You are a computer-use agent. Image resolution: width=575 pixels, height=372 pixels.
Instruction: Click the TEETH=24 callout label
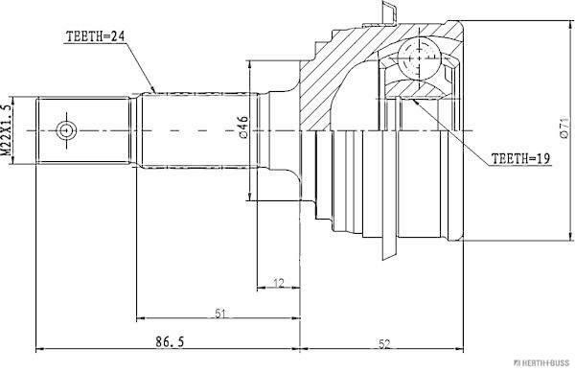tap(95, 36)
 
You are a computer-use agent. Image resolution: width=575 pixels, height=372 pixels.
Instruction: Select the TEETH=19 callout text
tap(520, 158)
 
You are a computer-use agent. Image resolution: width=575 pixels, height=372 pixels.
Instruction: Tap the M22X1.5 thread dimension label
tap(7, 129)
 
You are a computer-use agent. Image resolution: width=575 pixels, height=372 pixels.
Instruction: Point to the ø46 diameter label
tap(243, 128)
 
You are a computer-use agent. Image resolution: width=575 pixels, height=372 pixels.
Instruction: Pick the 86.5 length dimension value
tap(170, 342)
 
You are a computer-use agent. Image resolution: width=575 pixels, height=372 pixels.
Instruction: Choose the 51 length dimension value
tap(219, 314)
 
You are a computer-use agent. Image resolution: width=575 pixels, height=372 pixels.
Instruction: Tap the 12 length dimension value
tap(279, 283)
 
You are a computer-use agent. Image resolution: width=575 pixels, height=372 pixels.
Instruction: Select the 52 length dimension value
tap(384, 344)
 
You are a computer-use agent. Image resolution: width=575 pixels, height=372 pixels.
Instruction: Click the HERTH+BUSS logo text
tap(542, 363)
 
